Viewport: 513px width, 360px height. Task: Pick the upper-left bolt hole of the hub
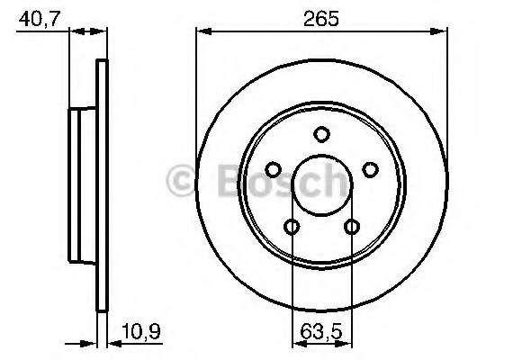(274, 170)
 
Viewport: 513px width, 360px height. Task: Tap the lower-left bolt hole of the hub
(292, 227)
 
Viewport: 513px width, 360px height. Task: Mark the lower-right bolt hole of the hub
(352, 227)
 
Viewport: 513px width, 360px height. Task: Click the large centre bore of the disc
(322, 184)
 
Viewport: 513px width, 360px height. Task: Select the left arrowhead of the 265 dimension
(202, 32)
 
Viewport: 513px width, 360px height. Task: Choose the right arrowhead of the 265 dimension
(442, 32)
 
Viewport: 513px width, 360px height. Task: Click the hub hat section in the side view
(83, 184)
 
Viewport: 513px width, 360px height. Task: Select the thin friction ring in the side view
(101, 184)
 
